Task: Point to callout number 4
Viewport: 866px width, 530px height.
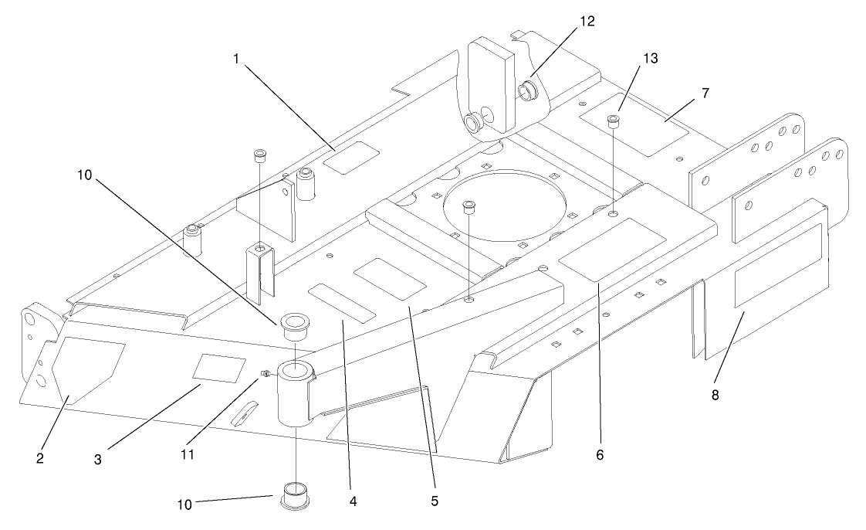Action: click(x=353, y=501)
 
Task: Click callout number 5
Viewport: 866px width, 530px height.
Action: click(x=435, y=501)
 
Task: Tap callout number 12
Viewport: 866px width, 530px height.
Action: click(x=587, y=21)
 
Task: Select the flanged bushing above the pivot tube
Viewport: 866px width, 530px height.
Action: click(x=293, y=325)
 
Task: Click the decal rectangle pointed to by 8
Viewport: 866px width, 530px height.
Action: click(x=777, y=265)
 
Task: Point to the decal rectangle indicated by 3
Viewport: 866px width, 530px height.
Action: click(x=219, y=368)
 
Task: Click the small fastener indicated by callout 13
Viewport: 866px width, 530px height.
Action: click(x=614, y=120)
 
